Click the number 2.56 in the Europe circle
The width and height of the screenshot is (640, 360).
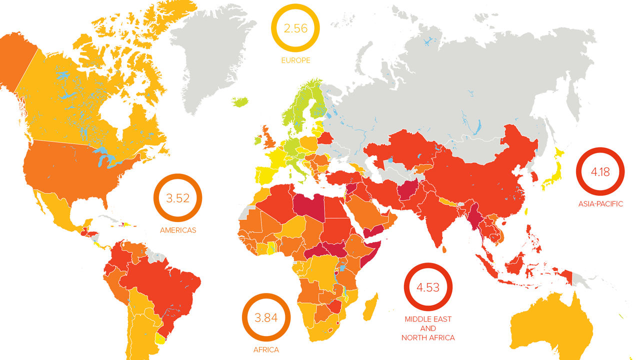[x=295, y=28]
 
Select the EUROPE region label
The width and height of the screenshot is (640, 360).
[x=295, y=60]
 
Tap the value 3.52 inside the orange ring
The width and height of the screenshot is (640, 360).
[x=177, y=198]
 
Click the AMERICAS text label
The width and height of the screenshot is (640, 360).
[x=178, y=230]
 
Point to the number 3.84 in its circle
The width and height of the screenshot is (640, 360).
[x=265, y=317]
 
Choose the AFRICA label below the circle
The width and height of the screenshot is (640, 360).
[x=266, y=349]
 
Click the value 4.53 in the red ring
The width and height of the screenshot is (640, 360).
[x=428, y=287]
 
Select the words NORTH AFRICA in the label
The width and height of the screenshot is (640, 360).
[x=428, y=337]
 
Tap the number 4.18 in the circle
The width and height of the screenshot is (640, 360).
[x=600, y=172]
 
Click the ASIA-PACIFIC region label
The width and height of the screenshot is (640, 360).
[x=600, y=204]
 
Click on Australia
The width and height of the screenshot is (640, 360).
[x=550, y=325]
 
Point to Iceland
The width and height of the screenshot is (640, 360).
[x=240, y=102]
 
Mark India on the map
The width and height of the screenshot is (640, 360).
[x=440, y=215]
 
